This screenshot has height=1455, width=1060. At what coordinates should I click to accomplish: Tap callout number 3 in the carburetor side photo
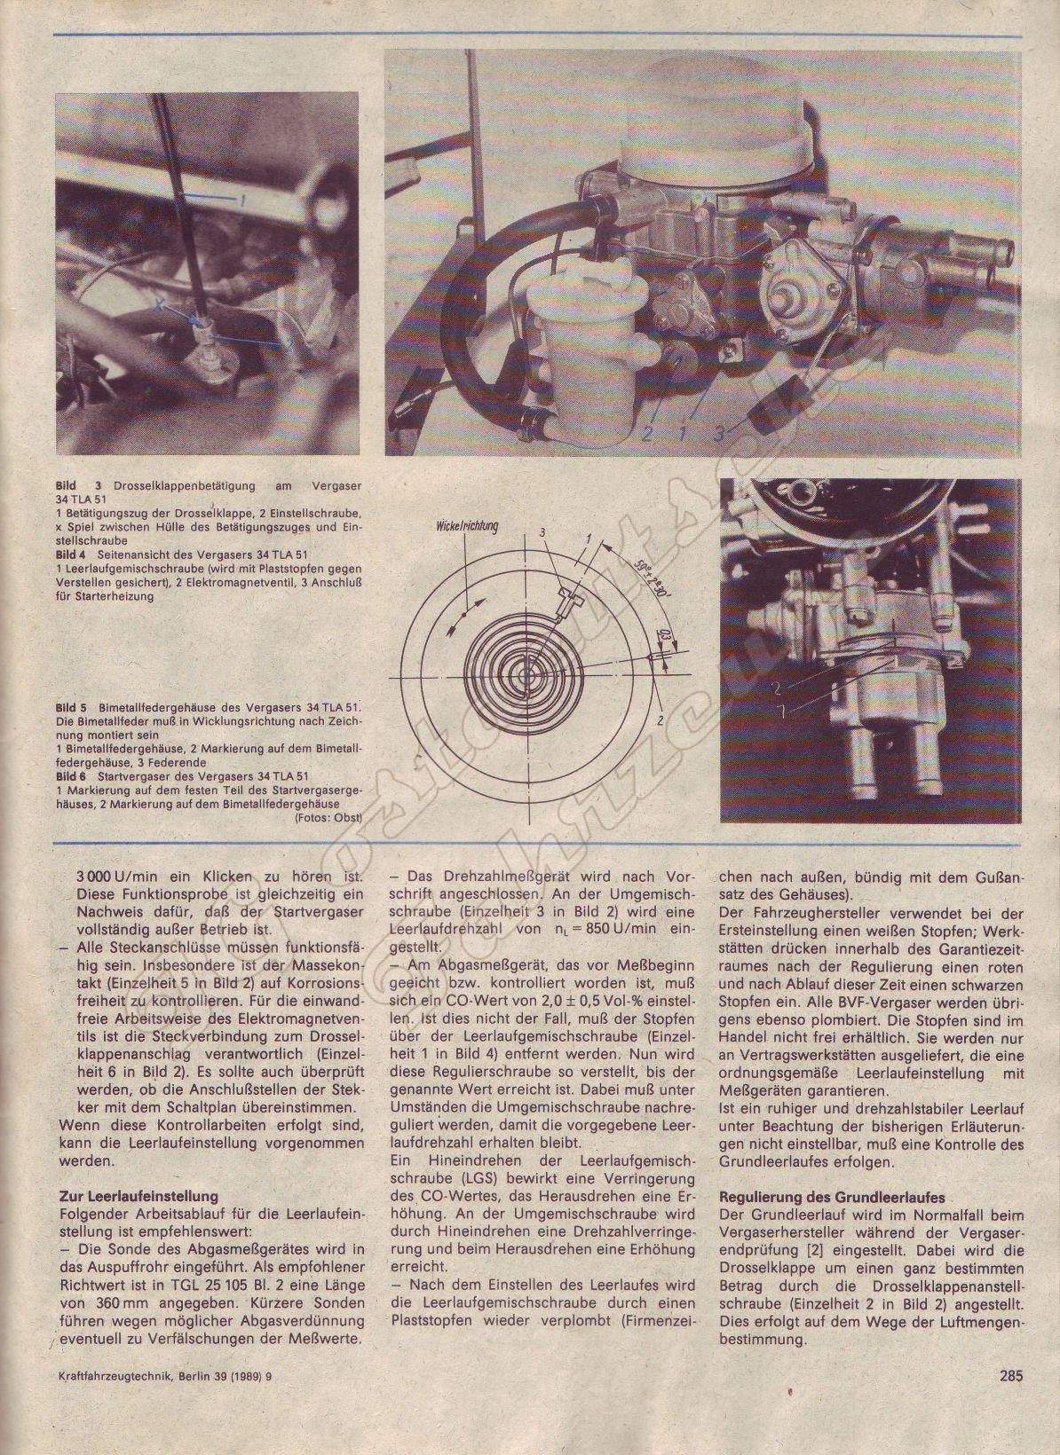coord(719,433)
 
